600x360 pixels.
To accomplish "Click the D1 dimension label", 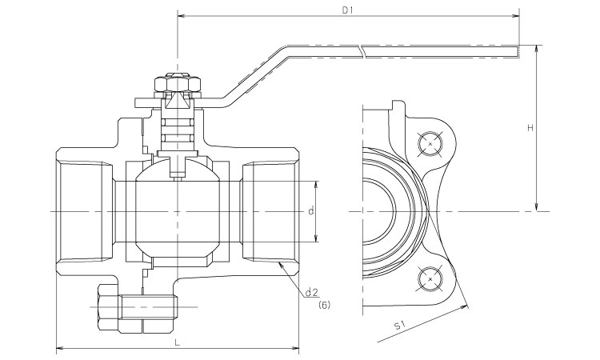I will [347, 10].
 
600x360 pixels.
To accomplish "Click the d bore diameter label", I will [310, 211].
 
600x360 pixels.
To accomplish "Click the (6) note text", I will [324, 306].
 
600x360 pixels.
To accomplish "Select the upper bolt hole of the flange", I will [431, 142].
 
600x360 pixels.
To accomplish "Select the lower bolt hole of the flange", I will [431, 278].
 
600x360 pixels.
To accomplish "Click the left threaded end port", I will [80, 211].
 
